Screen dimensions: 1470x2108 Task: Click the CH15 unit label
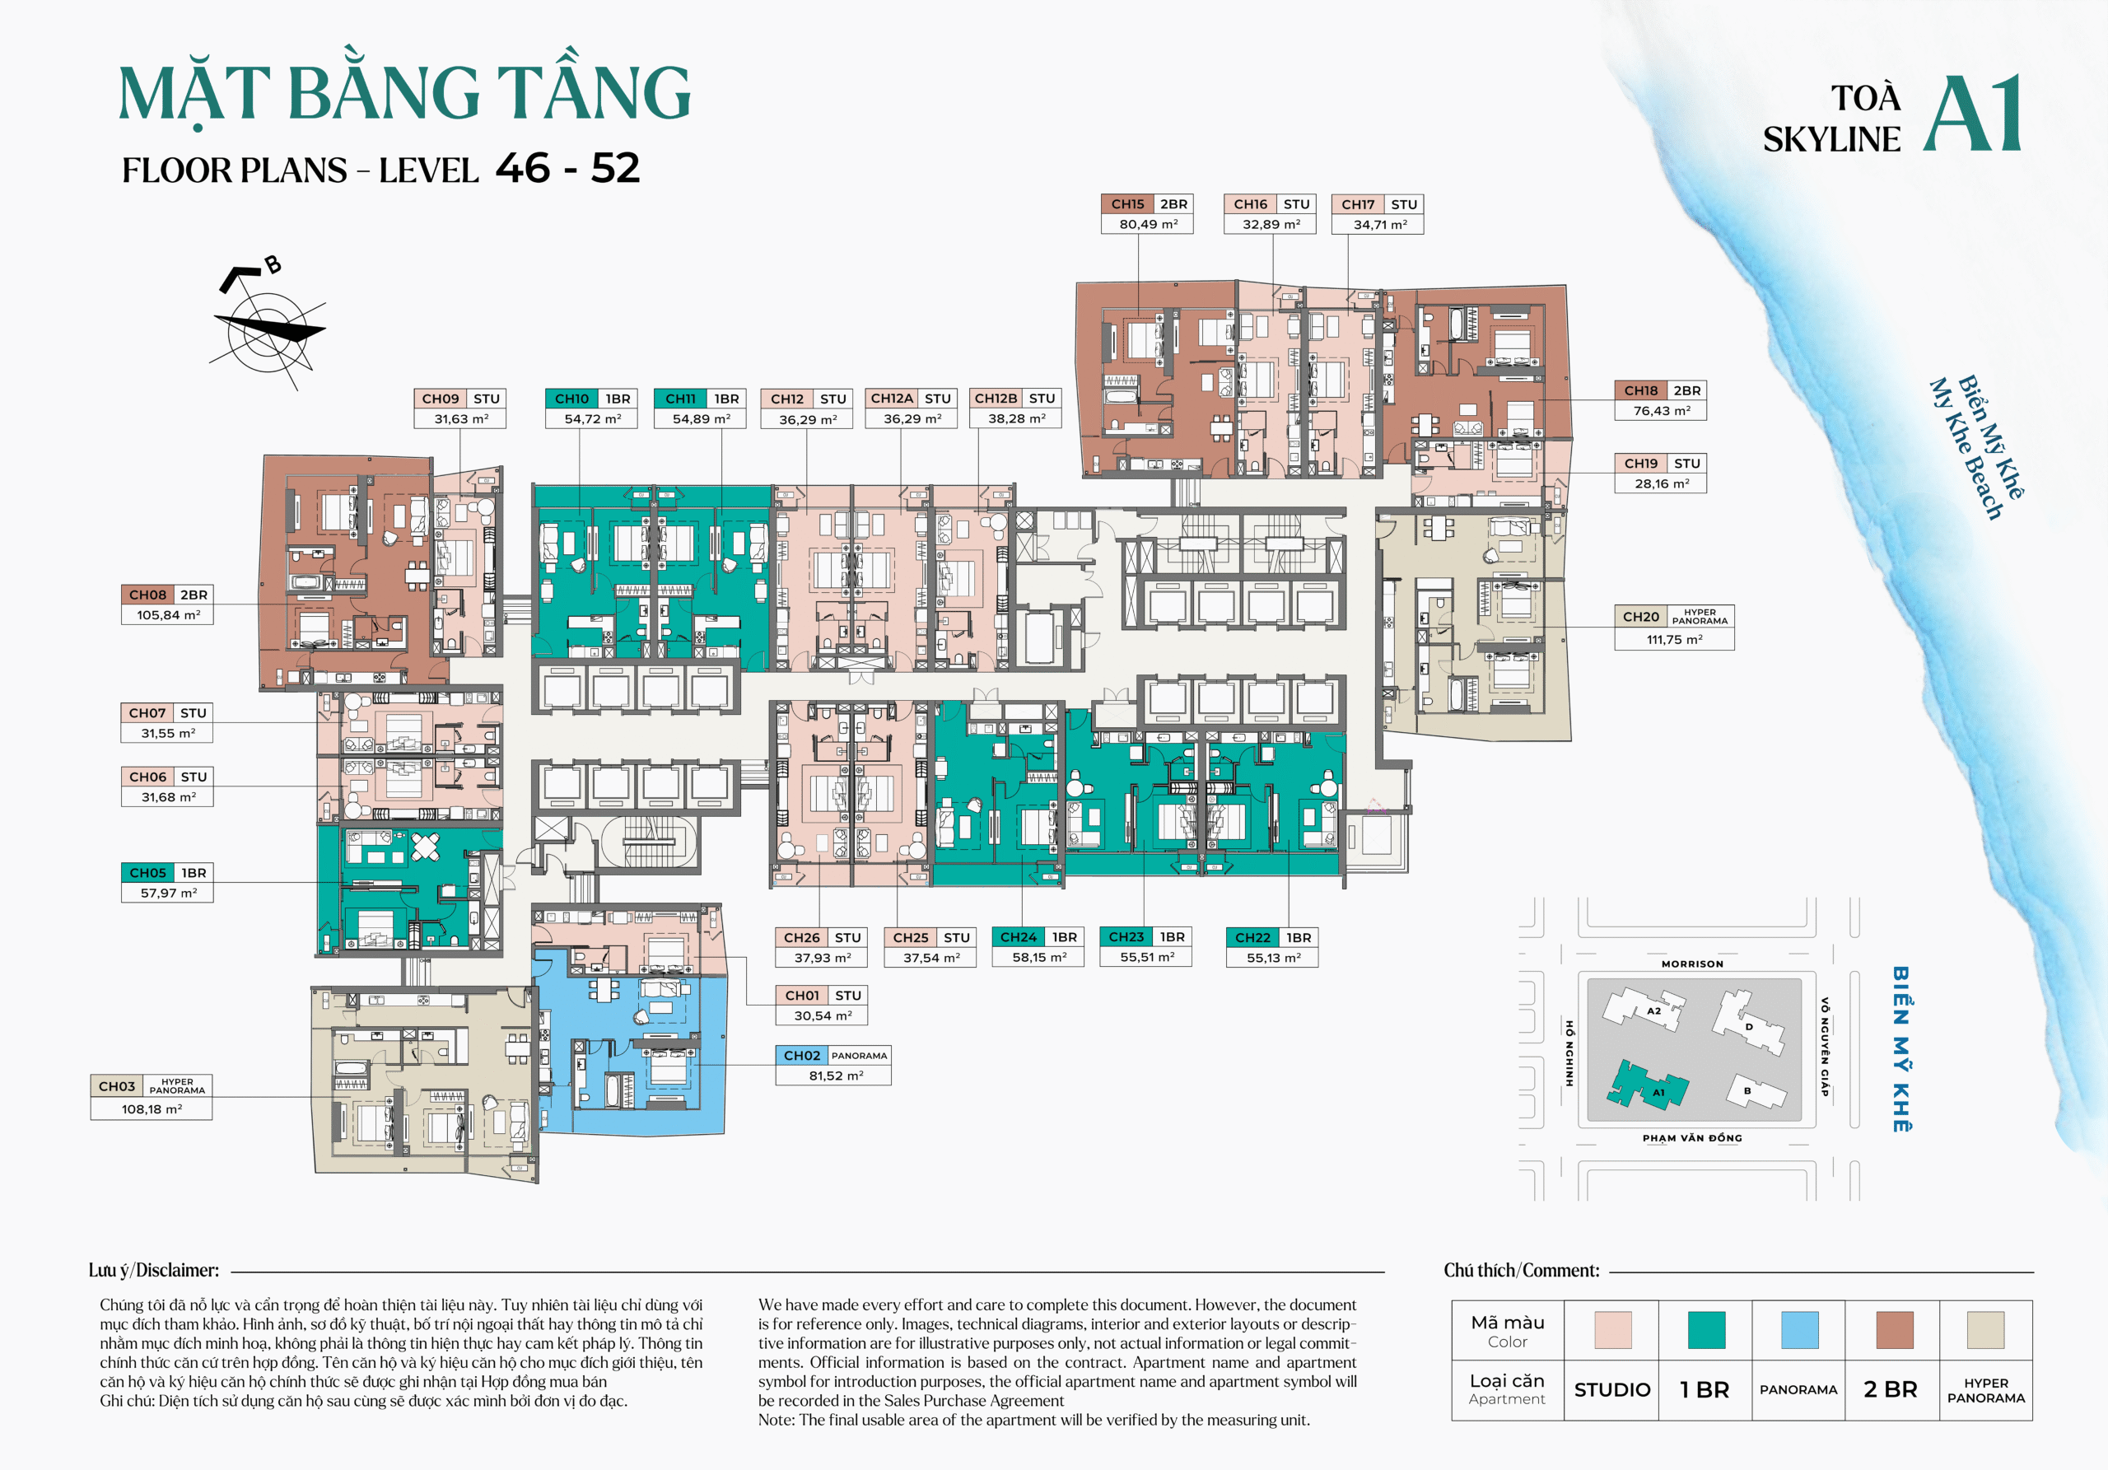click(x=1127, y=204)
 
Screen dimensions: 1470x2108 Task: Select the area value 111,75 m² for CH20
click(x=1674, y=639)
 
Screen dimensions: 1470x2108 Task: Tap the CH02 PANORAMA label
click(x=832, y=1056)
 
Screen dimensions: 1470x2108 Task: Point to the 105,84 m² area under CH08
click(x=168, y=615)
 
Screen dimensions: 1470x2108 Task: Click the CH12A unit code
click(x=892, y=399)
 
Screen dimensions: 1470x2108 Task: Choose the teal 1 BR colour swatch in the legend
click(x=1706, y=1329)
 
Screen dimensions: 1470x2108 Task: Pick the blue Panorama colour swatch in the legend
click(x=1798, y=1329)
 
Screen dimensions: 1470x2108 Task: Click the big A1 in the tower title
click(x=1972, y=114)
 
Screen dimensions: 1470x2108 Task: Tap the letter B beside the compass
click(x=273, y=265)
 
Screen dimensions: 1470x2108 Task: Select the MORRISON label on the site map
click(x=1692, y=964)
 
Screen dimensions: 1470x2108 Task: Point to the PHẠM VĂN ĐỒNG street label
click(x=1692, y=1137)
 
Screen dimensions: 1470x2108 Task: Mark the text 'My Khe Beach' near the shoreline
click(x=1965, y=450)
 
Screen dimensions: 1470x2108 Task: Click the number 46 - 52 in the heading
click(x=567, y=168)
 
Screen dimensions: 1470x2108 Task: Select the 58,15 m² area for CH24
click(x=1038, y=957)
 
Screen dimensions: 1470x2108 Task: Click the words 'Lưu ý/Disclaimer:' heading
click(x=153, y=1270)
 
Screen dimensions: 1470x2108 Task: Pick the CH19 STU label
click(x=1660, y=464)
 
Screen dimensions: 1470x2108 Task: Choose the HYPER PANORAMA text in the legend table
click(x=1986, y=1390)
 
